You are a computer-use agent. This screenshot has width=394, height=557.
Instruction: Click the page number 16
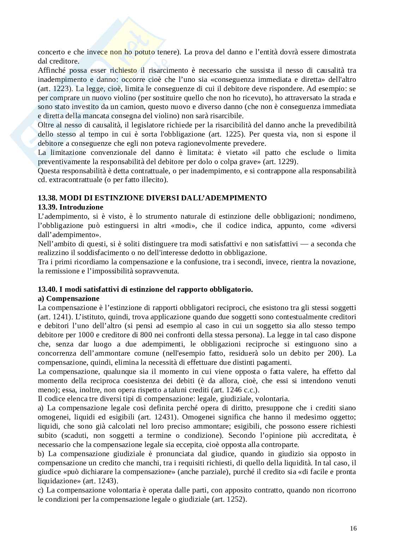click(x=353, y=528)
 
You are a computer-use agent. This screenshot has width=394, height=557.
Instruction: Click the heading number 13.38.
click(x=47, y=198)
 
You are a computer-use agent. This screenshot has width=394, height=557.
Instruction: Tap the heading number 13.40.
click(x=47, y=289)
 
